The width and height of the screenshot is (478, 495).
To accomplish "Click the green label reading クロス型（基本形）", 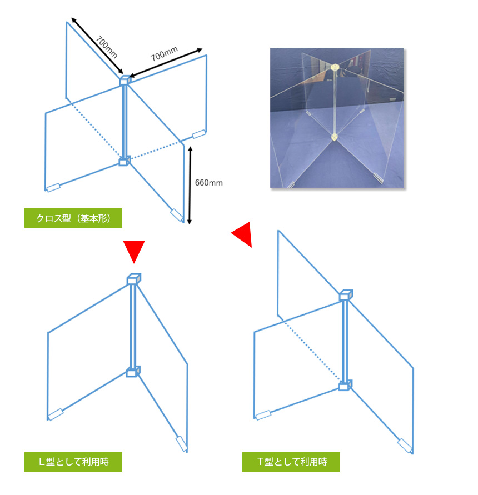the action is coord(73,218).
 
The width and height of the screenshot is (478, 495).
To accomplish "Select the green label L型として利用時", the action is coord(73,462).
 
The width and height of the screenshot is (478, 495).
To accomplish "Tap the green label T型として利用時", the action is coord(291,462).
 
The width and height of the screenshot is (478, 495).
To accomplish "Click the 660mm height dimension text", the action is coord(209,183).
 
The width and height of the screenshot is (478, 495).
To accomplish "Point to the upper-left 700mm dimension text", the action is coord(107,47).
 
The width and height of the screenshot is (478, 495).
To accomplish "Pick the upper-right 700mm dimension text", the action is coord(165,54).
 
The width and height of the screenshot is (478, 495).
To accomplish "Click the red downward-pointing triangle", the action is coord(134,251).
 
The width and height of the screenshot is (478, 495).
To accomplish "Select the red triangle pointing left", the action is coord(242,234).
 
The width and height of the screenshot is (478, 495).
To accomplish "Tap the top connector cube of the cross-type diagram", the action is coord(125,81).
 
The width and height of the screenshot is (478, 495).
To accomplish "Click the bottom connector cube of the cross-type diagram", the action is coord(125,161).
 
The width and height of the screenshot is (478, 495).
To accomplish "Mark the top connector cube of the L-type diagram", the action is coord(134,279).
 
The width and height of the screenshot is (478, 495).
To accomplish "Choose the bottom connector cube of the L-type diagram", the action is coord(133,372).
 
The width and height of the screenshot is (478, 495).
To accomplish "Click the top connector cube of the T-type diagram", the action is coord(346,295).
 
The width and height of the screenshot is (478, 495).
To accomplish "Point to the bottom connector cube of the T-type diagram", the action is coord(345,385).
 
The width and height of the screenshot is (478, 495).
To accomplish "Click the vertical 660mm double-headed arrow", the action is coord(190,186).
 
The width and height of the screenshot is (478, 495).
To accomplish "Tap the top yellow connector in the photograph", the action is coord(335,68).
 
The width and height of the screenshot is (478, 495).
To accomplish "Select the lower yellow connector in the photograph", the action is coord(334,137).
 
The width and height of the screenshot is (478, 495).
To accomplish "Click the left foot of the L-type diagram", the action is coord(55,414).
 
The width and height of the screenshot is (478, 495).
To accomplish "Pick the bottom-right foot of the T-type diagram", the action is coord(405,446).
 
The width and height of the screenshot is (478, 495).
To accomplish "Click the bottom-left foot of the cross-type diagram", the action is coord(53,188).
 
